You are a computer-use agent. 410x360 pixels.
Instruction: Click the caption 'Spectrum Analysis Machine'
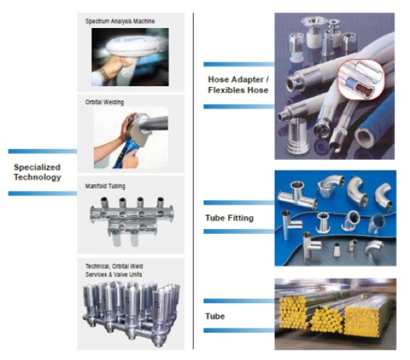(120, 21)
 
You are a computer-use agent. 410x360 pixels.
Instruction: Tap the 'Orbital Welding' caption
(104, 102)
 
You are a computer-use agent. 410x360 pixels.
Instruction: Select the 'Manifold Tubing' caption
(105, 186)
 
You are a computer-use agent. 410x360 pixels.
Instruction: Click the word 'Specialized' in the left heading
(37, 167)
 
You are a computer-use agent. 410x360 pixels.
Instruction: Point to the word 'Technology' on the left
(37, 177)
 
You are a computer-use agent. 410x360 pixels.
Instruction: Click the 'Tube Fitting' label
(229, 218)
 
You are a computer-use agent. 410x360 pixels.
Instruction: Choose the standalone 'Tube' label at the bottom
(215, 316)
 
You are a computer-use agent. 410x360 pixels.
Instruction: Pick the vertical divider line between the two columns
(194, 181)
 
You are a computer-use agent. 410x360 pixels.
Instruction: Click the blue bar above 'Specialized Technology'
(43, 151)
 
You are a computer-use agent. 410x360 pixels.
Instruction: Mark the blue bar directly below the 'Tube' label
(239, 331)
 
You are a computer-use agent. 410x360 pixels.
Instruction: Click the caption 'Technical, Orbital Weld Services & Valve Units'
(114, 270)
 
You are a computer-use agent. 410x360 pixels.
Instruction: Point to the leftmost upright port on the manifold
(104, 202)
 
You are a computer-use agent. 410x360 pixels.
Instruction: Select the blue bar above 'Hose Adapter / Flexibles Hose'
(239, 64)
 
